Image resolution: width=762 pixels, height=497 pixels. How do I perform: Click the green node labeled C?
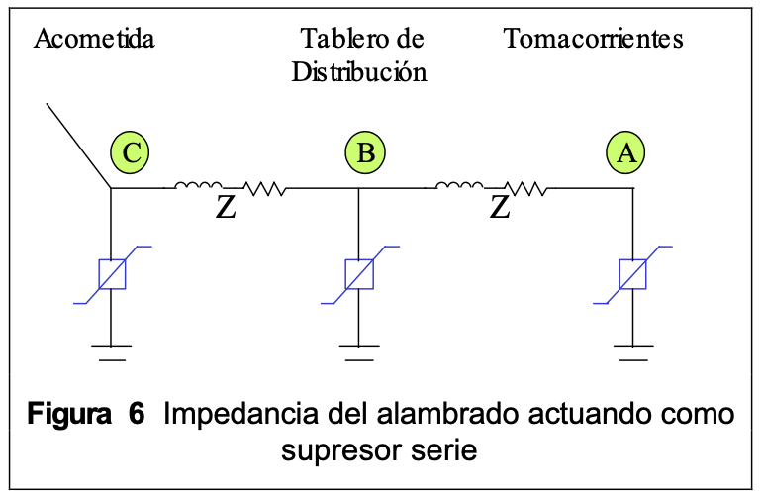click(x=131, y=152)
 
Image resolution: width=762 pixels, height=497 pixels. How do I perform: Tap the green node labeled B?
click(x=365, y=152)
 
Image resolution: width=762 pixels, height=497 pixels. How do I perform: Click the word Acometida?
click(x=94, y=40)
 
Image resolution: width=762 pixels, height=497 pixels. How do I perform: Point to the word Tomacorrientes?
click(x=594, y=40)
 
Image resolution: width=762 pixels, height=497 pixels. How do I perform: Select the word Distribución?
click(x=359, y=73)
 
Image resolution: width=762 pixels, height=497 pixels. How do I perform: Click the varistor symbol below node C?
click(x=111, y=272)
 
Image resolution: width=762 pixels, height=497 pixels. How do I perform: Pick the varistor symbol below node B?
click(x=358, y=272)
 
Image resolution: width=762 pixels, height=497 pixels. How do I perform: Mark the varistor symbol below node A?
click(x=632, y=272)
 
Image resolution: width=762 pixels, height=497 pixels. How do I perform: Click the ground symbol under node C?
click(x=111, y=349)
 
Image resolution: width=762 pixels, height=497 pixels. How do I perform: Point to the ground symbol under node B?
click(x=358, y=349)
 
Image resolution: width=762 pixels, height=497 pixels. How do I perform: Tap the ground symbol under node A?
click(x=632, y=349)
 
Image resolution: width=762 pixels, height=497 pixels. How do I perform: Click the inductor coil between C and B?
click(x=198, y=184)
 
